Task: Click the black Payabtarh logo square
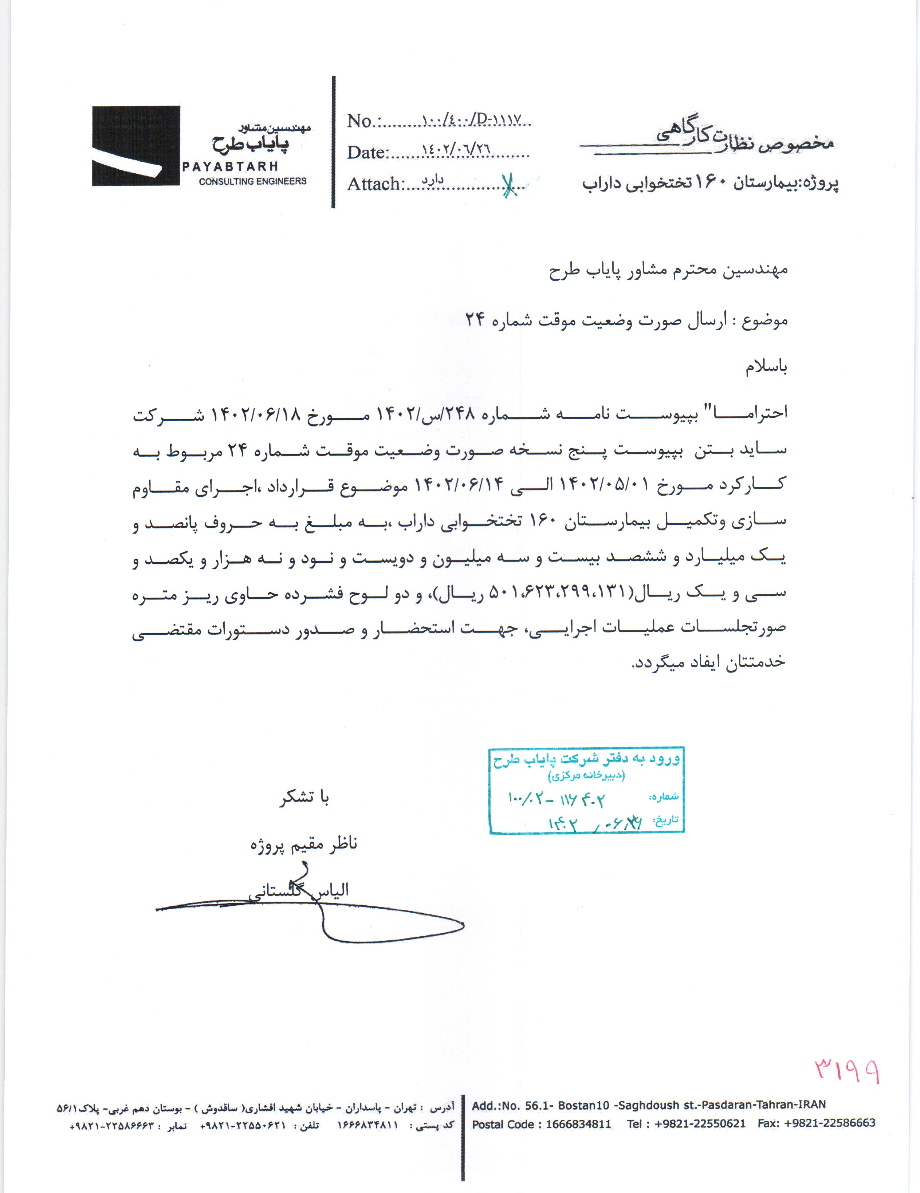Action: [135, 146]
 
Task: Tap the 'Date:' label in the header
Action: [367, 152]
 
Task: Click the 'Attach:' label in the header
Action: [375, 184]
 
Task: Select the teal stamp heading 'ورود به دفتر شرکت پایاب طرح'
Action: [586, 759]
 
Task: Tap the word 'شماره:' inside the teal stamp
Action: [664, 796]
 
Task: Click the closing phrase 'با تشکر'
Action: [304, 798]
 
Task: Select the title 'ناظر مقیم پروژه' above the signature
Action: [304, 844]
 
